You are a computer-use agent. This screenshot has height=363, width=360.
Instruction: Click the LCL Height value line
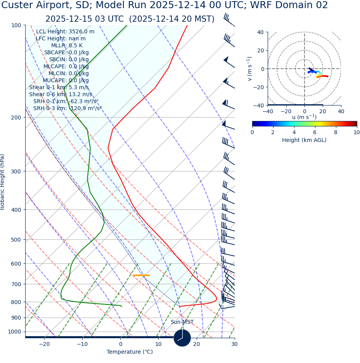(65, 32)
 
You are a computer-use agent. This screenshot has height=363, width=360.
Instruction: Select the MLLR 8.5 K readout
(67, 46)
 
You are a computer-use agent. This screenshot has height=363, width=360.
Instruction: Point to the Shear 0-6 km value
(61, 95)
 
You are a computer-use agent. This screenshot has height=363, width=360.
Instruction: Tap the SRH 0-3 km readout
(67, 109)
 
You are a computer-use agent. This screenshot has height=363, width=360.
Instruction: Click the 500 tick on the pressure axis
(16, 240)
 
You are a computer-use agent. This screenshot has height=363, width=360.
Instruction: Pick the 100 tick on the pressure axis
(16, 26)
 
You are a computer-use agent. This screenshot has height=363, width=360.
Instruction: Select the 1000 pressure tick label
(14, 332)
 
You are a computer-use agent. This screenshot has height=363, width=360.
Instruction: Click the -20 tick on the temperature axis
(44, 344)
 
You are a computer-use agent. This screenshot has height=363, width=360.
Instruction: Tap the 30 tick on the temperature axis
(234, 344)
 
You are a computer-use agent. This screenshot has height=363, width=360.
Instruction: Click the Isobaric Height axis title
(3, 182)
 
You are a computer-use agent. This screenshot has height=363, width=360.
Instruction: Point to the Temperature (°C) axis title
(130, 352)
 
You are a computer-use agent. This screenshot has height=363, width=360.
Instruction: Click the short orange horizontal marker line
(141, 275)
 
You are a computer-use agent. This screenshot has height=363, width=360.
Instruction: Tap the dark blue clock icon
(182, 338)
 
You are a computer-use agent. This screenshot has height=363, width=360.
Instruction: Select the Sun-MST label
(182, 322)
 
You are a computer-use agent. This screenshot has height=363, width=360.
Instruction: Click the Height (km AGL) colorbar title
(304, 140)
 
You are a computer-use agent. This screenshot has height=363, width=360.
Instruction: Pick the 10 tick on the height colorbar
(356, 132)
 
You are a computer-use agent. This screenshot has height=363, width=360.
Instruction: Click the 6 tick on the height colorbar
(315, 132)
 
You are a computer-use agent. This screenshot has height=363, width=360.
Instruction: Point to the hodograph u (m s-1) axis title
(304, 117)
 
